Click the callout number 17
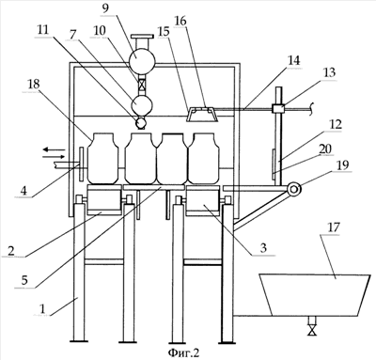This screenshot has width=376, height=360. [334, 227]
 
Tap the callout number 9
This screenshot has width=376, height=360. [105, 8]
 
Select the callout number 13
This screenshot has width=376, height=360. [329, 72]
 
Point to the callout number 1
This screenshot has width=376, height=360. [42, 308]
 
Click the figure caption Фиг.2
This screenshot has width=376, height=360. [183, 352]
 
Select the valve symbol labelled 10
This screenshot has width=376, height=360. [142, 85]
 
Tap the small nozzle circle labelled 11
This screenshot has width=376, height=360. [141, 122]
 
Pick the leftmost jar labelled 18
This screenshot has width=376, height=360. [103, 158]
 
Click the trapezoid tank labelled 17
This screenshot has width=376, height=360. [315, 295]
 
